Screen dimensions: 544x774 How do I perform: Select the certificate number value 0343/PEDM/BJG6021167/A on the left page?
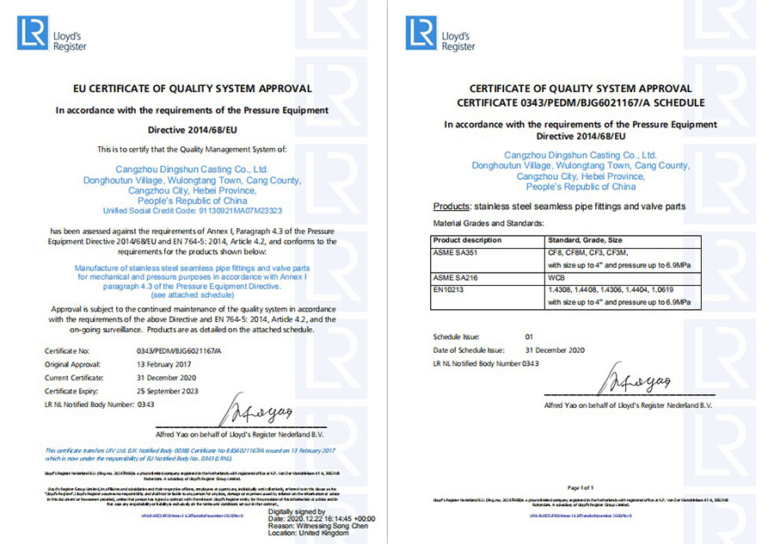point(180,351)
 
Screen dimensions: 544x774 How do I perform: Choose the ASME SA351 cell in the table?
point(455,252)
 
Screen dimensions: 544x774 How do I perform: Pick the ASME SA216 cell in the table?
point(455,279)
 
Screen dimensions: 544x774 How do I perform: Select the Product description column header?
point(467,239)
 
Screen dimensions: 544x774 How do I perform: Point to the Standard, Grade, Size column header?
point(587,239)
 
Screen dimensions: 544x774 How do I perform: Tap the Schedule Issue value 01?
point(529,337)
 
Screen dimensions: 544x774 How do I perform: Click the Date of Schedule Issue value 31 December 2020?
point(555,350)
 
